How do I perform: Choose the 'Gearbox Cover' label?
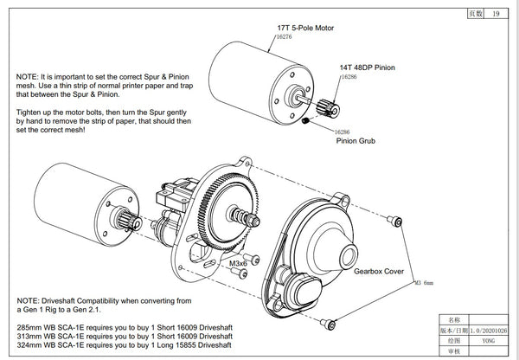coord(377,271)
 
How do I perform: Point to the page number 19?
coord(494,14)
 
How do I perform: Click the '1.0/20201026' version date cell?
coord(481,330)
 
